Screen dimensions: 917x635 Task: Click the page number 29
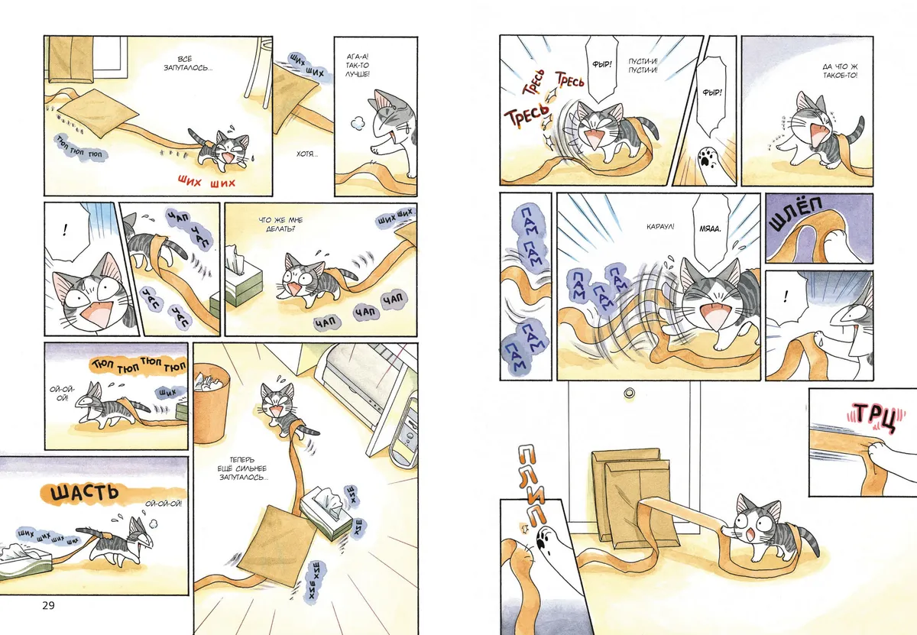pos(48,605)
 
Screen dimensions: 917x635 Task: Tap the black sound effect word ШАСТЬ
pos(85,494)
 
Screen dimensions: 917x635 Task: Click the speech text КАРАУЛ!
pos(660,226)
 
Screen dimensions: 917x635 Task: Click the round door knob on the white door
pos(629,394)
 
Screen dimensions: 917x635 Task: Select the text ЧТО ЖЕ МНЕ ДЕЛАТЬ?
pos(280,225)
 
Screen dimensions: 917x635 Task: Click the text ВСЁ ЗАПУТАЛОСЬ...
pos(188,64)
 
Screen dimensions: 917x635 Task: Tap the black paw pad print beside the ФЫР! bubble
pos(705,156)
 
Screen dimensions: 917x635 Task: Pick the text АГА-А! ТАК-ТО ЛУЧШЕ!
pos(358,66)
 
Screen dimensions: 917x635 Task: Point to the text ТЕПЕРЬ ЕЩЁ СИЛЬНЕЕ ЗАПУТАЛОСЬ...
pos(243,468)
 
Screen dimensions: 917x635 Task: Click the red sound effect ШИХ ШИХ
pos(207,181)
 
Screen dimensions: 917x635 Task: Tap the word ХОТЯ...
pos(307,154)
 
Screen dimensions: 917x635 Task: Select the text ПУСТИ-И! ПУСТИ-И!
pos(643,66)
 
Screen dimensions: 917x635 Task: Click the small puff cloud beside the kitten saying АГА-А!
pos(358,123)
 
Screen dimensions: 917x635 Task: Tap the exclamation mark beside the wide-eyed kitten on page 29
pos(65,231)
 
